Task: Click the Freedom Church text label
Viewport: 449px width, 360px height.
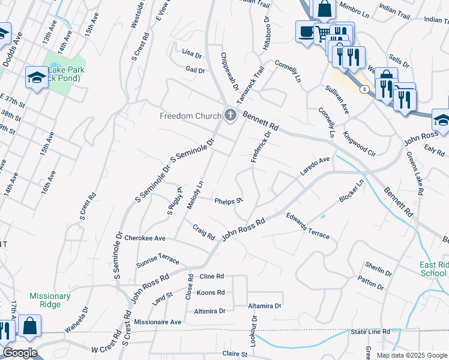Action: point(190,116)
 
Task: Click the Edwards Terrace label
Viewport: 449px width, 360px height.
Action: point(307,226)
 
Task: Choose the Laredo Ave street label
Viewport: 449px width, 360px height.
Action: point(315,167)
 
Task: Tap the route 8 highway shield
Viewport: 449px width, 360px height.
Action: point(364,89)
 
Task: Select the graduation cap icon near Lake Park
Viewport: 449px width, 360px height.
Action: point(37,77)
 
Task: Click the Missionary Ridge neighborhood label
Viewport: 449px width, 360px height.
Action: point(50,300)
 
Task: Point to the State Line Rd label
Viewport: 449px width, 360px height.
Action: point(370,331)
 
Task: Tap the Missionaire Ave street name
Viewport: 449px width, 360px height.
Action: point(158,322)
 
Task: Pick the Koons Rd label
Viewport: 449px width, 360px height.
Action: point(211,293)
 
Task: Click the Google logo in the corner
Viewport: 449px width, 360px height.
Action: point(20,353)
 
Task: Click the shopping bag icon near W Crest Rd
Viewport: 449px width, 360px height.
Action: point(29,326)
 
